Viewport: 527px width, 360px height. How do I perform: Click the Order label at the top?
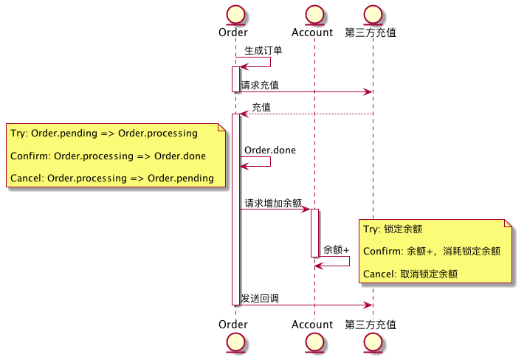[233, 32]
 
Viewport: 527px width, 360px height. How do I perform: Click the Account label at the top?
[312, 32]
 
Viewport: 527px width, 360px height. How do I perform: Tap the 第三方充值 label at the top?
[371, 32]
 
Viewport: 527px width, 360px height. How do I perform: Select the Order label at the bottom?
[233, 325]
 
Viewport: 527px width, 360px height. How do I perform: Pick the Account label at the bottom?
[312, 325]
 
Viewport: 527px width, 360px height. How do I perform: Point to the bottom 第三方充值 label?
[371, 325]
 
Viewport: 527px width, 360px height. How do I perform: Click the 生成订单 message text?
[263, 51]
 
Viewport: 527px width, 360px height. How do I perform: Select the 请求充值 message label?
[260, 86]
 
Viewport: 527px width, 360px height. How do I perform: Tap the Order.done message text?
[270, 150]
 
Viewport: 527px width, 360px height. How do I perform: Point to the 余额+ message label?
[336, 250]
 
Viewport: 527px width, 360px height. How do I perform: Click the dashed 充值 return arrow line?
[310, 114]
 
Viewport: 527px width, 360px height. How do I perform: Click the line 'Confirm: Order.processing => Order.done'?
[108, 156]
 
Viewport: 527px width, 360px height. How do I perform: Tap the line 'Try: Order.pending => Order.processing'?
[103, 134]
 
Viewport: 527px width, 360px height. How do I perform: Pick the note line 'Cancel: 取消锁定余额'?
[410, 274]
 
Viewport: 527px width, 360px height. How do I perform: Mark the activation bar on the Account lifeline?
[314, 232]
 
